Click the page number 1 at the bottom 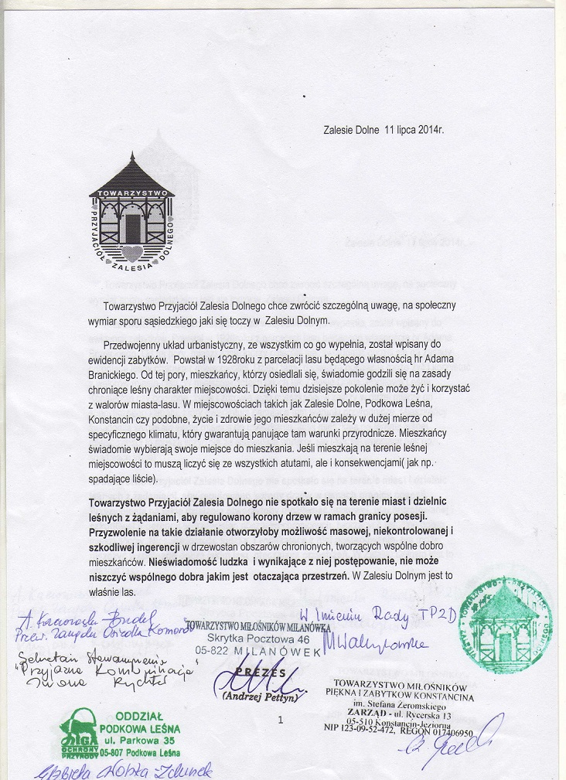(279, 720)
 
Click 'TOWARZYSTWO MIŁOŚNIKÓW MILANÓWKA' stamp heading (258, 624)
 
